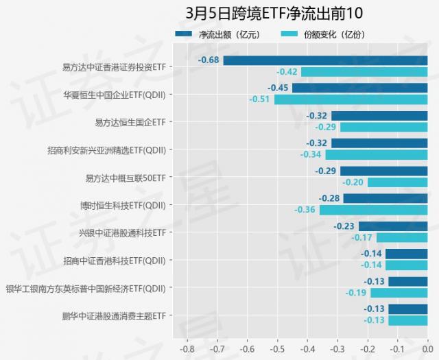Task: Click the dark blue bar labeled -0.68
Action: point(325,60)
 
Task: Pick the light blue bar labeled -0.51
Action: point(351,99)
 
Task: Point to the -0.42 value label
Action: point(287,72)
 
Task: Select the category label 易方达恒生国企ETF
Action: point(130,122)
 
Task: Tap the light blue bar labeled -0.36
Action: point(373,210)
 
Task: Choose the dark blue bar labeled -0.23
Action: point(392,226)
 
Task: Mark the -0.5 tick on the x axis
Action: point(277,348)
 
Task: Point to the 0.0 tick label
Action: point(427,348)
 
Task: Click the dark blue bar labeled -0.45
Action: point(359,88)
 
